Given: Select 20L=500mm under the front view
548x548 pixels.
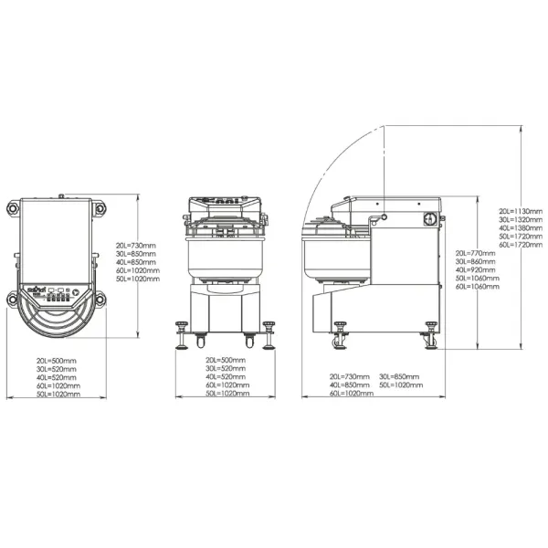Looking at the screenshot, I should (x=227, y=360).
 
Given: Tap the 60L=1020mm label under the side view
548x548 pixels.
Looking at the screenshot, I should (x=350, y=394).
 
